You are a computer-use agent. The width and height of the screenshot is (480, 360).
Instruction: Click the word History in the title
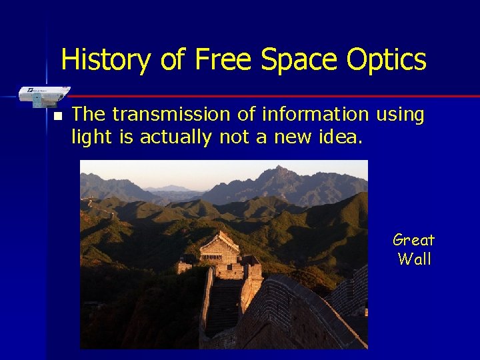pyautogui.click(x=105, y=60)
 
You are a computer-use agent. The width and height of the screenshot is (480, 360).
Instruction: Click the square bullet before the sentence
pyautogui.click(x=57, y=116)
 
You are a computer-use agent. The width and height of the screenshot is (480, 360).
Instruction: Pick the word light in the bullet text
pyautogui.click(x=89, y=137)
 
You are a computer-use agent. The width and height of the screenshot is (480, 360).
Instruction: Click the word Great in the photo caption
pyautogui.click(x=413, y=240)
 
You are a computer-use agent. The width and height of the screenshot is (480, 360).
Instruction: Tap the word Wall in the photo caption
pyautogui.click(x=414, y=259)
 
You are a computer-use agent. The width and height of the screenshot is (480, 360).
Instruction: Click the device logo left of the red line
pyautogui.click(x=44, y=95)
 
